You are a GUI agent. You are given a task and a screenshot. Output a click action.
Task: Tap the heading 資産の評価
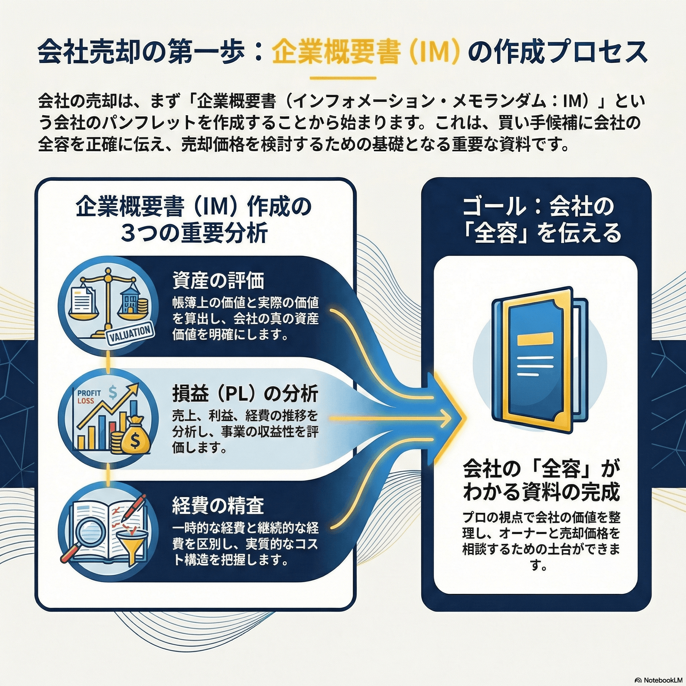click(218, 281)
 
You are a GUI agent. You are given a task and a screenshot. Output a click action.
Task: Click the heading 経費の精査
click(218, 506)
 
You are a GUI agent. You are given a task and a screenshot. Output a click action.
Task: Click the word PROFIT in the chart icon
click(89, 393)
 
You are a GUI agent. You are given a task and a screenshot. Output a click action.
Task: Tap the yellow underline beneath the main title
click(343, 78)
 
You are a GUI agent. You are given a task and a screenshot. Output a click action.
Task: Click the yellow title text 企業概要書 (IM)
click(366, 52)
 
